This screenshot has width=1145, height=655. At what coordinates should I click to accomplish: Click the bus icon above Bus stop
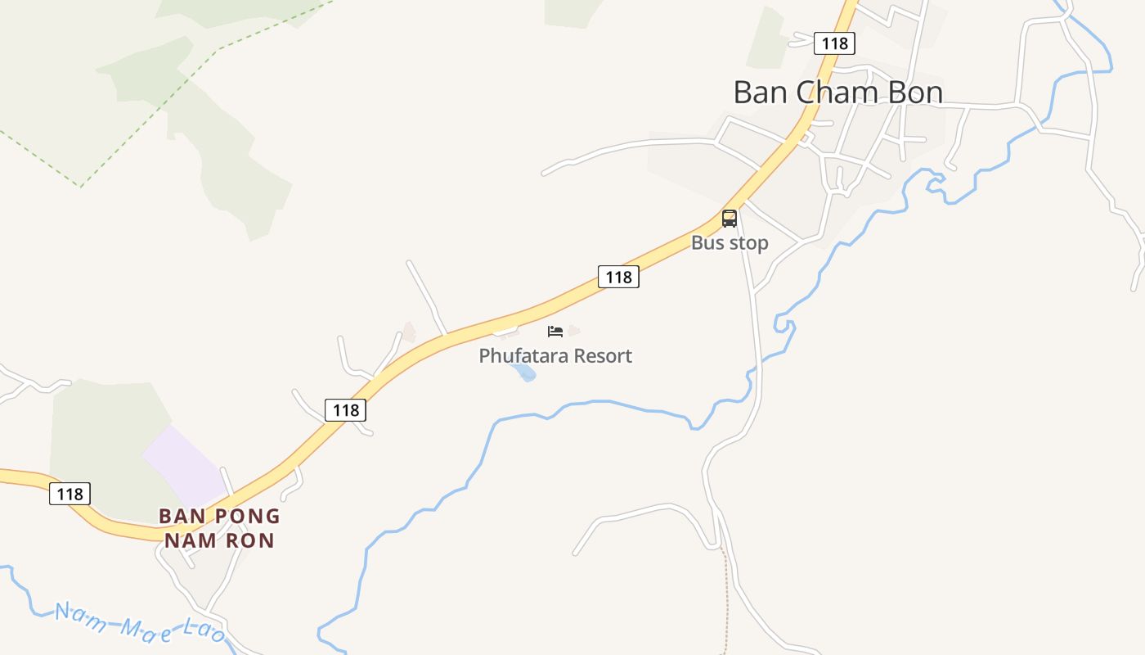(x=729, y=219)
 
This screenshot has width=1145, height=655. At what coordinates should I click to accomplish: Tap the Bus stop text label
(x=730, y=243)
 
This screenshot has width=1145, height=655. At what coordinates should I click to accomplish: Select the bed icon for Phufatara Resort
(x=555, y=332)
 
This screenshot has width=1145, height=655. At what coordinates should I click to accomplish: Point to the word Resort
(x=603, y=356)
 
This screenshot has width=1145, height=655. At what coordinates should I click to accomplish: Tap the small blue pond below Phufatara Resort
(x=523, y=373)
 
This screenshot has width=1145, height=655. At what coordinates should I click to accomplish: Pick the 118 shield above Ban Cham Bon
(x=834, y=43)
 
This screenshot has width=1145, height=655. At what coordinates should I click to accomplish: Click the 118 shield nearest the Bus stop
(x=618, y=277)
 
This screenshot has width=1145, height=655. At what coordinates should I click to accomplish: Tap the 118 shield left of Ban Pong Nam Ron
(x=70, y=494)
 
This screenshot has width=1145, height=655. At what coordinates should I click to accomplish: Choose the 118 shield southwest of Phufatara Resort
(x=345, y=409)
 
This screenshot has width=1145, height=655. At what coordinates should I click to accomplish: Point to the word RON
(x=252, y=540)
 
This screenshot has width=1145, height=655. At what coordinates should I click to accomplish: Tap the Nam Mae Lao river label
(x=139, y=623)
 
